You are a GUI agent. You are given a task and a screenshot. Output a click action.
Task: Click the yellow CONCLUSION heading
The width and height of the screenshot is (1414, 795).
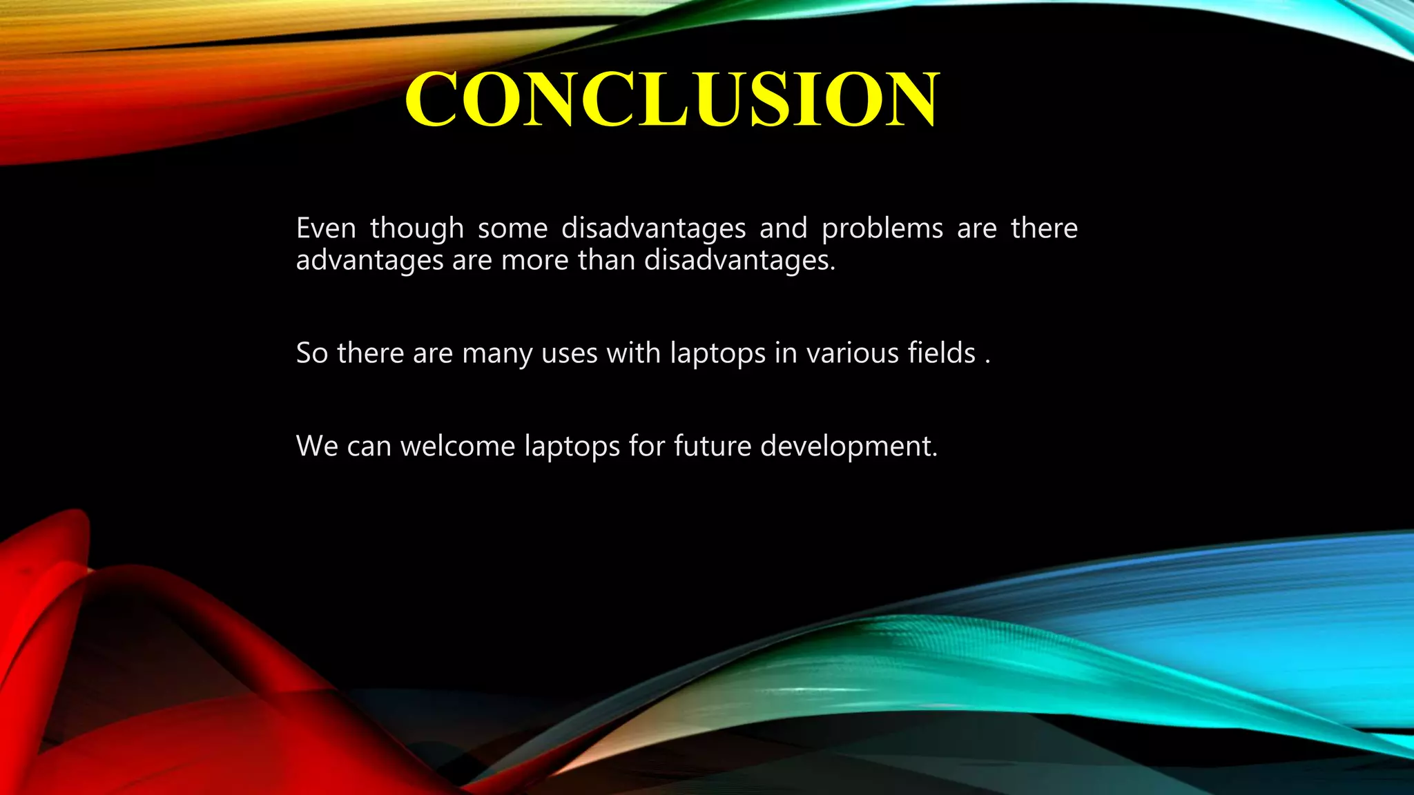[671, 100]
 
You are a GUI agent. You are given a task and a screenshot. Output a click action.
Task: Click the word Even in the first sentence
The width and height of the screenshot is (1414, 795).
[326, 228]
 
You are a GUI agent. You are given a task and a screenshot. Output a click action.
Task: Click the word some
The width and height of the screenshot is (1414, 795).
[512, 228]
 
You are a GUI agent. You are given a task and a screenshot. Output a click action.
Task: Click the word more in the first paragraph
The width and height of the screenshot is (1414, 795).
[535, 261]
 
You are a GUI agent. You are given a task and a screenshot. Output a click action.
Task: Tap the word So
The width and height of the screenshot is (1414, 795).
[311, 353]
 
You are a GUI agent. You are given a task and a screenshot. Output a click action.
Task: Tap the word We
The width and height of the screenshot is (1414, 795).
[317, 446]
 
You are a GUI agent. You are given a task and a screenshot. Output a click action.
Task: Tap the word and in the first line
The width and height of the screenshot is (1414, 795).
[783, 228]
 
